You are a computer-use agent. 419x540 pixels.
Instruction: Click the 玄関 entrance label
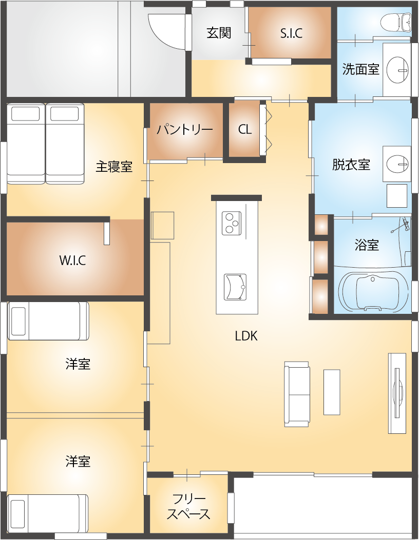[x=219, y=33]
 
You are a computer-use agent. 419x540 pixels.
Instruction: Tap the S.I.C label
[x=292, y=33]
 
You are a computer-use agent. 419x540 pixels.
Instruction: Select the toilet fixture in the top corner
[x=396, y=23]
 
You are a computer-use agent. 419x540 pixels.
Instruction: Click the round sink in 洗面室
[x=397, y=70]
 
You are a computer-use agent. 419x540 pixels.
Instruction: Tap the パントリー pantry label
[x=185, y=130]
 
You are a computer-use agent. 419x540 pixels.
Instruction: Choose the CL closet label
[x=244, y=130]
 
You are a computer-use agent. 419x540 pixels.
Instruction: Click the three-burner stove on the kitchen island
[x=231, y=223]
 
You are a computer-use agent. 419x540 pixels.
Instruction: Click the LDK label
[x=246, y=336]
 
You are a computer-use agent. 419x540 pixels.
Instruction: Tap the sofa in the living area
[x=297, y=394]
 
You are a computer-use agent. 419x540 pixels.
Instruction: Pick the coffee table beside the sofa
[x=332, y=392]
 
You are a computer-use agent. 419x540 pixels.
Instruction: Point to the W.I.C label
[x=72, y=261]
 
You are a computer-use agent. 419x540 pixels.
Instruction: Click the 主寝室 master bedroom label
[x=114, y=167]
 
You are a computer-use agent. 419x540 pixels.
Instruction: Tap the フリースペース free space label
[x=188, y=507]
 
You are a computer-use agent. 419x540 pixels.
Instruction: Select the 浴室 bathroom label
[x=367, y=245]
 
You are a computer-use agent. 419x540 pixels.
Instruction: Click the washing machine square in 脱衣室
[x=396, y=195]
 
